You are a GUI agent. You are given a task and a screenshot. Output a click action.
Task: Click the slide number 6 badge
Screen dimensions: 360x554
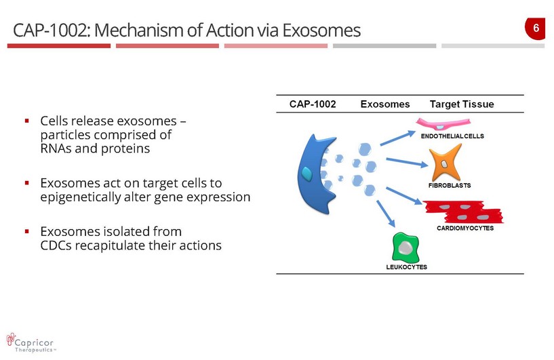point(536,28)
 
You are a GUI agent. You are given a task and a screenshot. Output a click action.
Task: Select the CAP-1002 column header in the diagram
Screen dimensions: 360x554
point(313,104)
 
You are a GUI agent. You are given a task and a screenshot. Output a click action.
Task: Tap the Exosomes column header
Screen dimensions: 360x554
point(385,104)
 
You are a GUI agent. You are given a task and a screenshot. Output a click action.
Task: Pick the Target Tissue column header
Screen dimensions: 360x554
point(462,104)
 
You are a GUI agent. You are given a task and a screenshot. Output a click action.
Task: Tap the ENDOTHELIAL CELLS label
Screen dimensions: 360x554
point(452,136)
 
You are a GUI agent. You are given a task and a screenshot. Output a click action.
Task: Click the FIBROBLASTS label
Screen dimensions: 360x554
point(449,185)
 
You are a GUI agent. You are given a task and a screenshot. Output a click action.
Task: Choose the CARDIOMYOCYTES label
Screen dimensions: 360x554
point(465,228)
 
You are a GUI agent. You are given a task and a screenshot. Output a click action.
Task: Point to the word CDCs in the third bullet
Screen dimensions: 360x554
point(56,245)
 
